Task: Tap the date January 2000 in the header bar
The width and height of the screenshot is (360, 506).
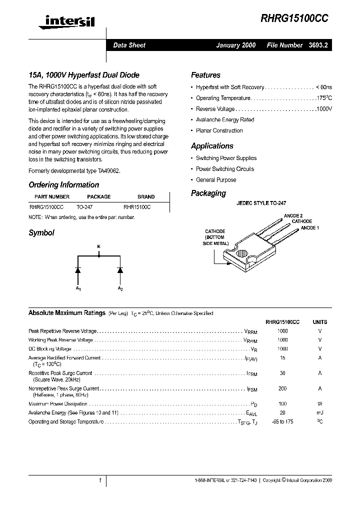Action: point(235,45)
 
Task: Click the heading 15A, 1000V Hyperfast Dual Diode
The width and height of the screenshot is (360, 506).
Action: point(83,75)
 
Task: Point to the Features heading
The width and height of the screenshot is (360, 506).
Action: point(205,75)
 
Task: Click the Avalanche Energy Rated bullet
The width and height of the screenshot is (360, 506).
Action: point(225,120)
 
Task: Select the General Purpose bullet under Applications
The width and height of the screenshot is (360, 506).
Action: point(216,180)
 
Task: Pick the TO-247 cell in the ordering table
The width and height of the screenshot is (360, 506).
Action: point(84,206)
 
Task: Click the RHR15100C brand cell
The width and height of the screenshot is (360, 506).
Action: point(137,206)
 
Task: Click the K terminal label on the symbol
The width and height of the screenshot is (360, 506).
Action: point(98,246)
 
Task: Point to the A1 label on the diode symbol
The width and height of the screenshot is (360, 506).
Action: point(78,289)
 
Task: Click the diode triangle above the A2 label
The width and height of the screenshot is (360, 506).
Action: point(120,270)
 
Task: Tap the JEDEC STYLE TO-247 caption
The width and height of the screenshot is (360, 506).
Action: point(261,204)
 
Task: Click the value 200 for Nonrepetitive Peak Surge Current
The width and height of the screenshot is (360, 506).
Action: point(282,388)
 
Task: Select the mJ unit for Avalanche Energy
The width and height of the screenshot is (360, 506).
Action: point(320,413)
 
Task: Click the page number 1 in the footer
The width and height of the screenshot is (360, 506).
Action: point(100,480)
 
